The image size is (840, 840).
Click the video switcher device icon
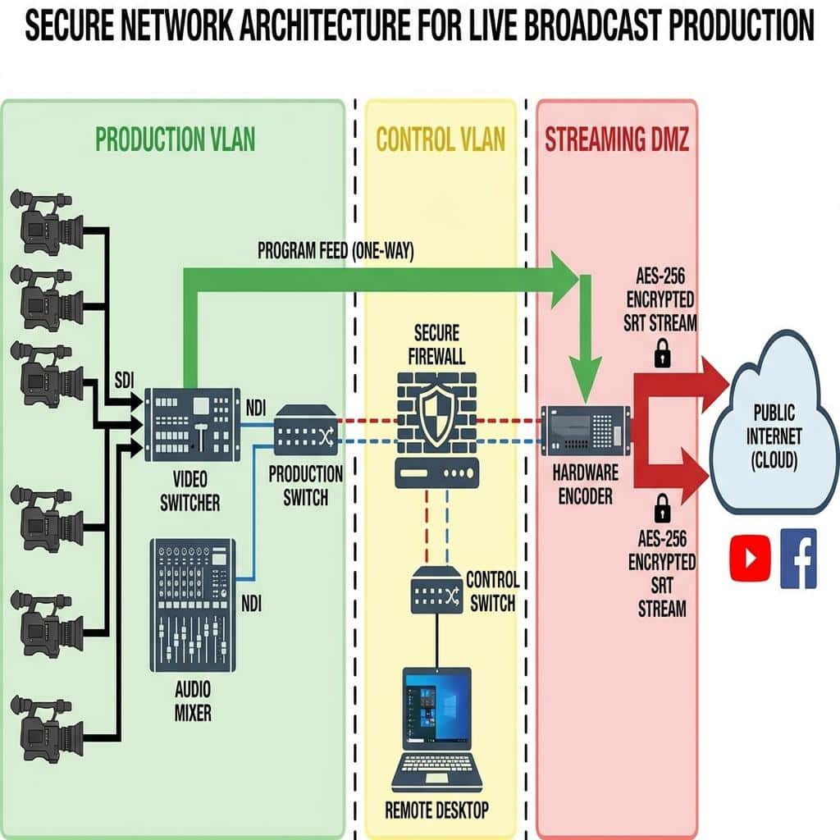point(192,424)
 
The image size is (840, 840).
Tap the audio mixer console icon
point(193,605)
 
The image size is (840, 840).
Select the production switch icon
point(306,430)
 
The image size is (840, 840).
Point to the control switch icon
point(436,590)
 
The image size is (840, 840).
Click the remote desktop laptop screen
point(437,708)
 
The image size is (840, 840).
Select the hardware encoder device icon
point(586,430)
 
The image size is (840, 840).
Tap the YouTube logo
point(750,558)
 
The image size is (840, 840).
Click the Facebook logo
point(799,558)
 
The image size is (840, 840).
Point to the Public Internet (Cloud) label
point(774,436)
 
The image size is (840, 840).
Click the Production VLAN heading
point(176,139)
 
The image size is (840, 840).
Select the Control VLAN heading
point(441,139)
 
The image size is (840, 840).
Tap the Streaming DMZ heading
point(617,139)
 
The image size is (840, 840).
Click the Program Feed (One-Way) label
point(336,250)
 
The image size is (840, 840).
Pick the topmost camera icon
point(47,221)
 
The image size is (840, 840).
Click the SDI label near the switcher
point(125,381)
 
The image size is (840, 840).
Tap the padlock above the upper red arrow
point(663,353)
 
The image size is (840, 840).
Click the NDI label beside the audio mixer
point(251,604)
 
